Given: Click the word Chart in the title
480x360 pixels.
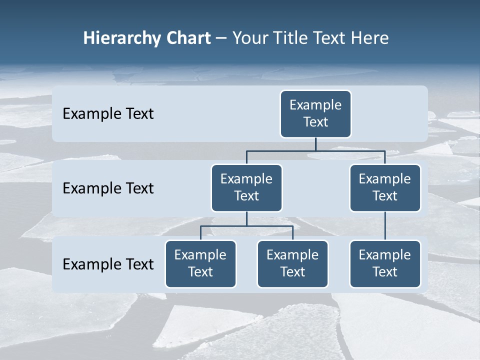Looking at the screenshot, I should click(188, 38).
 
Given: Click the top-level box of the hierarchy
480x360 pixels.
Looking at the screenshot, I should click(315, 114).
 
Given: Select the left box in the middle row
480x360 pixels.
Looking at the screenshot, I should click(246, 188).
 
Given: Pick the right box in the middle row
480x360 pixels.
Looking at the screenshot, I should click(385, 188).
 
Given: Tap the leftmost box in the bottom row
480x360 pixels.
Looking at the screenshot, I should click(200, 264).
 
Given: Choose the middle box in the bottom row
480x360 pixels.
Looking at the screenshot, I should click(292, 264).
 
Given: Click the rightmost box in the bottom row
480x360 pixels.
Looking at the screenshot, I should click(385, 264).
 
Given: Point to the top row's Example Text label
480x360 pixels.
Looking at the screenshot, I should click(108, 114).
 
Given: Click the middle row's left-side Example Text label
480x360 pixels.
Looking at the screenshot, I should click(108, 188).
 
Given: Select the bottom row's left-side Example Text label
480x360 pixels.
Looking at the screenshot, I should click(108, 264).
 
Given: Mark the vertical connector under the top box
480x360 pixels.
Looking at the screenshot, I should click(315, 144).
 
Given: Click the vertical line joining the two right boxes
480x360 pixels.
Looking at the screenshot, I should click(385, 226).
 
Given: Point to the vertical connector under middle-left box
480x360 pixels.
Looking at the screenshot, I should click(246, 219).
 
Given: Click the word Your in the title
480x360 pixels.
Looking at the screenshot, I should click(249, 38).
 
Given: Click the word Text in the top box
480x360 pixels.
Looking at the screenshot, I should click(315, 122).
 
